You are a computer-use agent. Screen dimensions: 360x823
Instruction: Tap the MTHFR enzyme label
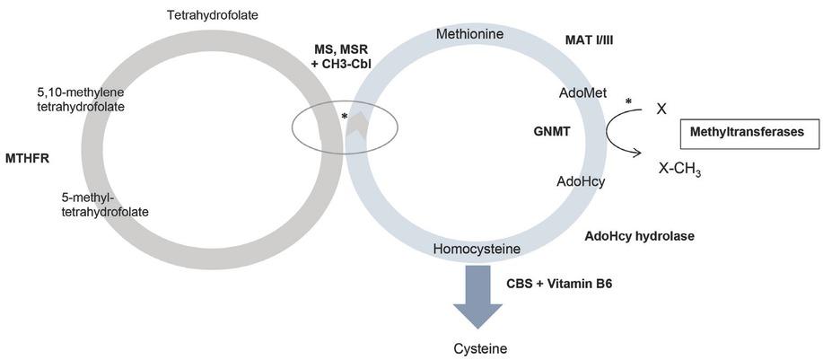(x=27, y=158)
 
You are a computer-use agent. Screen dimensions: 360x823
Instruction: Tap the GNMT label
(x=552, y=131)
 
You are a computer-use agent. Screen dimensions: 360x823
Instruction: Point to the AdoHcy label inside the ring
(x=581, y=180)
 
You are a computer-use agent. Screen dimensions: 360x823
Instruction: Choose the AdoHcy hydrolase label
(x=640, y=236)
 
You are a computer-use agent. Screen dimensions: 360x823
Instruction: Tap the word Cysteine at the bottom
(x=477, y=347)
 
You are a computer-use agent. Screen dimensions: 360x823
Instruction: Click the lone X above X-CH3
(x=661, y=109)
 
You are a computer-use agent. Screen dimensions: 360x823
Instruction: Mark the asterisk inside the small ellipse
(x=344, y=117)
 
